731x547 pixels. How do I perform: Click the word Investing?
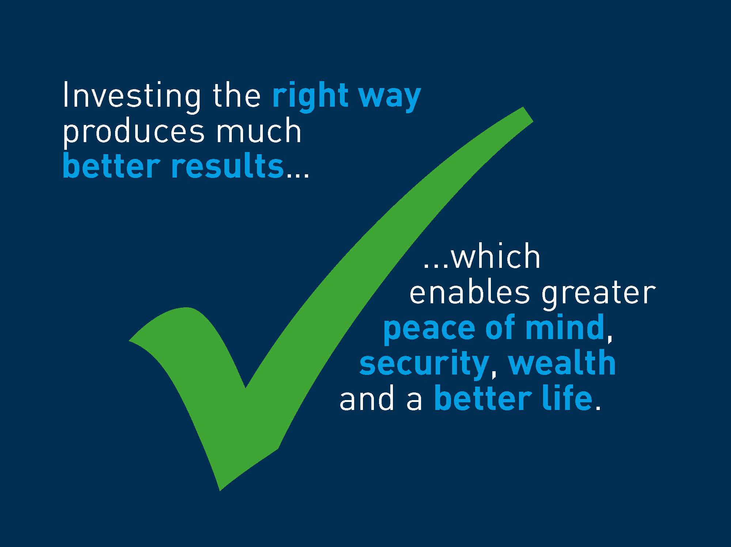click(x=132, y=96)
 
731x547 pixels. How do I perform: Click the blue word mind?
click(x=565, y=327)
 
